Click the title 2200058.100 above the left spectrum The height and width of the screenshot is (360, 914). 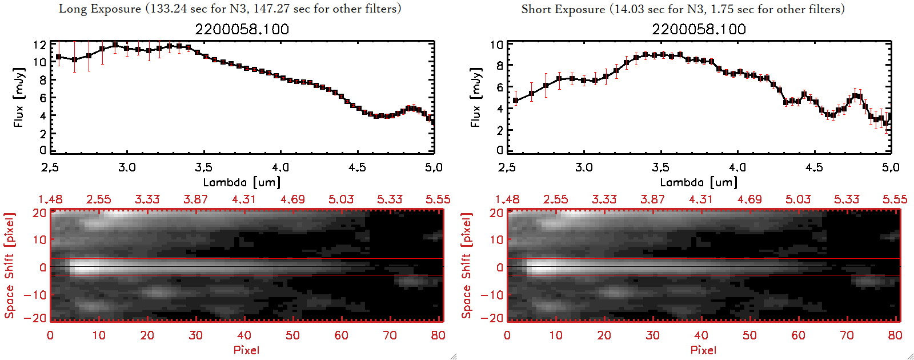pos(242,29)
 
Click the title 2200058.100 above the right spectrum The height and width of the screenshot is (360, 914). pos(699,29)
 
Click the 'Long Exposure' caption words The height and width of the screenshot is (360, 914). pos(100,9)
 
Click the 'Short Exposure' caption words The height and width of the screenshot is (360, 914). pos(563,9)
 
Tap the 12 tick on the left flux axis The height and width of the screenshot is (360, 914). pos(39,45)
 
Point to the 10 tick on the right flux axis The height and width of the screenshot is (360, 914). pos(496,45)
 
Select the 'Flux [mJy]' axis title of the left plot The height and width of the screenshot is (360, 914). pos(19,97)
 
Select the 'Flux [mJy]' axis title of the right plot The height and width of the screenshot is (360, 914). pos(476,97)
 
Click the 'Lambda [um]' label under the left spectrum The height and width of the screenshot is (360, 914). pos(242,182)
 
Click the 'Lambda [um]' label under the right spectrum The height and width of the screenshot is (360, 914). pos(699,182)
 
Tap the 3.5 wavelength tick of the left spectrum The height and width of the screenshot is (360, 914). pos(203,167)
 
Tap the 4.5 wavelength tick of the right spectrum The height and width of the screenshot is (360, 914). pos(814,167)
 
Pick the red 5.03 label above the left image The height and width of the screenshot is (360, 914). pos(341,199)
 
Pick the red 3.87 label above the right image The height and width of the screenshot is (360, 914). pos(652,199)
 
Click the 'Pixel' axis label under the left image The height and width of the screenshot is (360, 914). pos(246,350)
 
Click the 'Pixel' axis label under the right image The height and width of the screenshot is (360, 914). pos(703,350)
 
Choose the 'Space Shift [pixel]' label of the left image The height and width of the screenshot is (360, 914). pos(9,266)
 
